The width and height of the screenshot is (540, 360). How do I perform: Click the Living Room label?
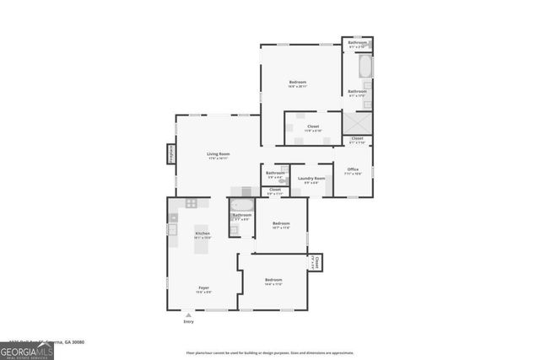[x=219, y=154]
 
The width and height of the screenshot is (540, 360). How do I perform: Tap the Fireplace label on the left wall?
[x=170, y=153]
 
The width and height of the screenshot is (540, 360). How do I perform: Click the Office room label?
[x=353, y=169]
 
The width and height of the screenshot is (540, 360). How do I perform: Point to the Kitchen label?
[x=202, y=234]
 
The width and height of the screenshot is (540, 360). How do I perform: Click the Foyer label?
[x=203, y=288]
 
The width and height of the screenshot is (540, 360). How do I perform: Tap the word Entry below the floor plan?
[x=188, y=321]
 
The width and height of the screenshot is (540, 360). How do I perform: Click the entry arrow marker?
[x=188, y=314]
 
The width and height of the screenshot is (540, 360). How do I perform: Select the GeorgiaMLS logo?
[x=26, y=348]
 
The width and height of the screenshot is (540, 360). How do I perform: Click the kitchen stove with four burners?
[x=192, y=203]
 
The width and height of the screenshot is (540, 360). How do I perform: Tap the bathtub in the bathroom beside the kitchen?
[x=242, y=205]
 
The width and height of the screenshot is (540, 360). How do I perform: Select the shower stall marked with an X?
[x=357, y=124]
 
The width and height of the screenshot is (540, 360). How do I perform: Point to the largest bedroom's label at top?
[x=297, y=83]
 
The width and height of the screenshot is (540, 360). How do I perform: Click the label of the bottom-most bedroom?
[x=273, y=280]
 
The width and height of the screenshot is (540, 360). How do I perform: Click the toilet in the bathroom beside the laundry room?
[x=282, y=180]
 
